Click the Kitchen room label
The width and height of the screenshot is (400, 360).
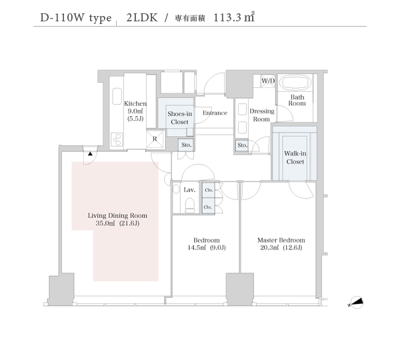tap(135, 103)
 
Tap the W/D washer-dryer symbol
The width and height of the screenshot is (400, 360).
tap(268, 81)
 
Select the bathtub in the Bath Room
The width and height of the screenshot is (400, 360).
tap(295, 83)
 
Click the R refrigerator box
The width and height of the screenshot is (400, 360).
tap(155, 139)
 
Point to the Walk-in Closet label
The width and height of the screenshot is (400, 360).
tap(295, 157)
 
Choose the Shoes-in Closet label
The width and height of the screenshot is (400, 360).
tap(179, 118)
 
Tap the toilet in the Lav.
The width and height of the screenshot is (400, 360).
tap(189, 205)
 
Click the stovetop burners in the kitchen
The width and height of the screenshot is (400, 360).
tap(117, 139)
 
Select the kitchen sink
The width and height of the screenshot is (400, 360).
tap(117, 96)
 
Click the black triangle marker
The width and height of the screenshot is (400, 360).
tap(90, 153)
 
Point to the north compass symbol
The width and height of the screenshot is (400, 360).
tap(356, 303)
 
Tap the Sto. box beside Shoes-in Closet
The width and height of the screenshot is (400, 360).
tap(186, 145)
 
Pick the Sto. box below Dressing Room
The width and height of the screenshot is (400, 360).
tap(242, 145)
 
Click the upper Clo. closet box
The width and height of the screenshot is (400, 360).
tap(209, 190)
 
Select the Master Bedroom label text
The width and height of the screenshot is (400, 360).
tap(281, 240)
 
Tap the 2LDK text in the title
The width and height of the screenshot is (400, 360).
tap(142, 17)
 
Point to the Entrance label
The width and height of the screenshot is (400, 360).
tap(215, 113)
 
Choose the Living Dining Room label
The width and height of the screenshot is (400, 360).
tap(117, 215)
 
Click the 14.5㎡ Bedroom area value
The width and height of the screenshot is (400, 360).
tap(197, 247)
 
